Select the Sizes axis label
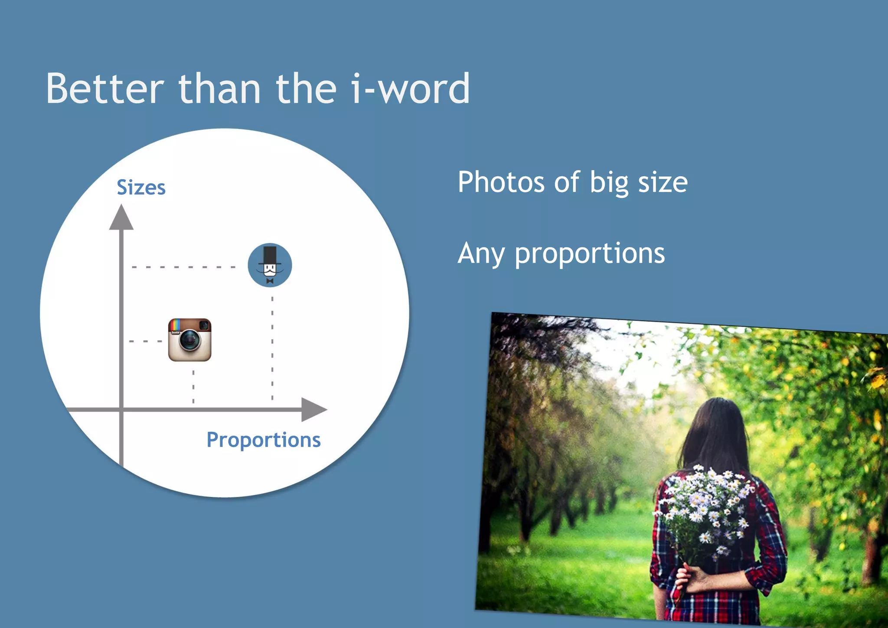point(141,188)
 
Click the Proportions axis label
point(263,441)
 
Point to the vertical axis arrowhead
point(121,218)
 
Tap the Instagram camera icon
point(190,340)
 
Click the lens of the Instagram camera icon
point(189,340)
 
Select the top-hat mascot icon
point(270,265)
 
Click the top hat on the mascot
point(270,255)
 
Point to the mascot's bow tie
point(270,281)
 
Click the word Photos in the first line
point(500,182)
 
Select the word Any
point(481,254)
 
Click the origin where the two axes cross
point(121,409)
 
